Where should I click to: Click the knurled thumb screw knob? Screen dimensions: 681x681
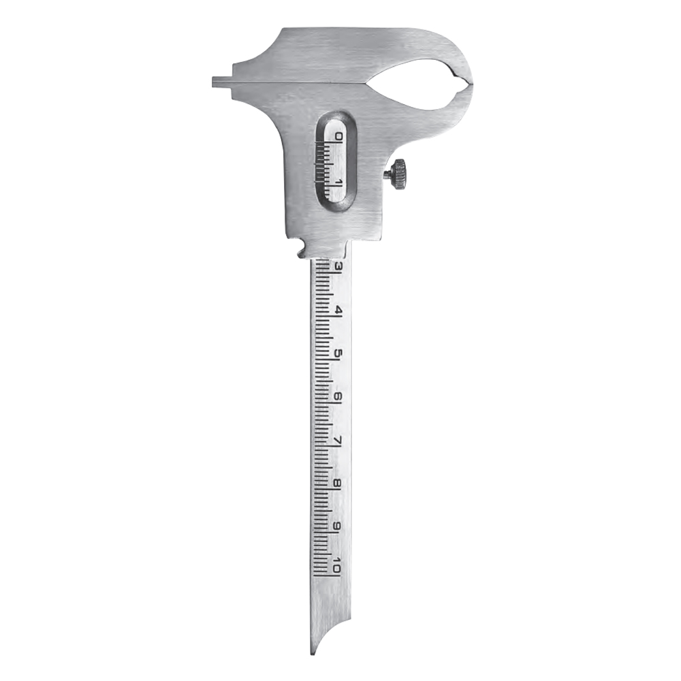coord(399,174)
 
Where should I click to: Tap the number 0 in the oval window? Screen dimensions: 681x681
coord(338,138)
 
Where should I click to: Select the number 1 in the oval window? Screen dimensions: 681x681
coord(338,181)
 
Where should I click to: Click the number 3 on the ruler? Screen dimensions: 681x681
coord(338,266)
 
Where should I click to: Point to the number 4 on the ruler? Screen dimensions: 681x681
coord(338,311)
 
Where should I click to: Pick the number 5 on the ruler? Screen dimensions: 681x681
coord(338,353)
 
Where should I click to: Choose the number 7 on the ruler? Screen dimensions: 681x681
coord(338,440)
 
